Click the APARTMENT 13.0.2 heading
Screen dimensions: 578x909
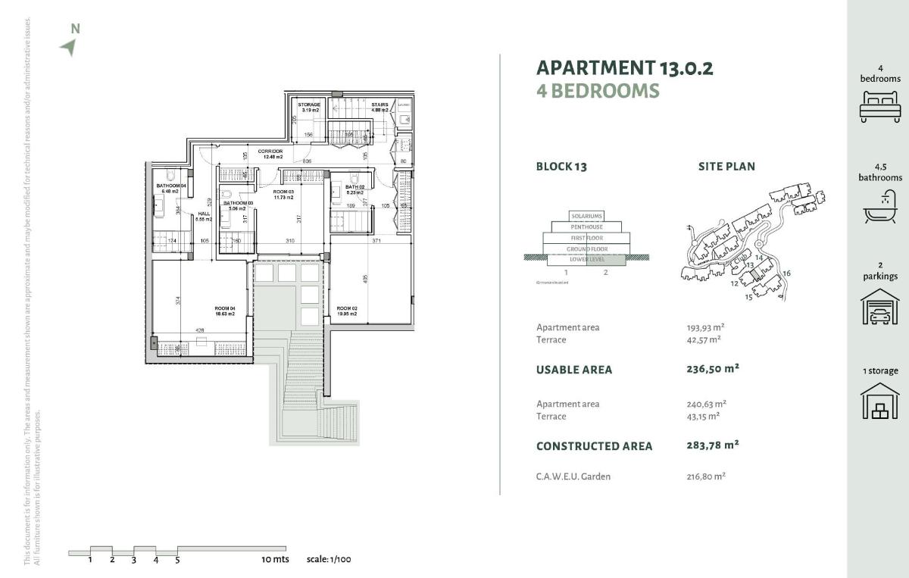click(624, 68)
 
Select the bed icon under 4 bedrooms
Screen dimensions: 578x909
click(880, 106)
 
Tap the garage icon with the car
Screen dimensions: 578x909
click(880, 307)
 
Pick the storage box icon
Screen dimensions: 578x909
click(880, 401)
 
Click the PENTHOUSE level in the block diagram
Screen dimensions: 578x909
click(587, 227)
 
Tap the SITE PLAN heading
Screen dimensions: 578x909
click(726, 167)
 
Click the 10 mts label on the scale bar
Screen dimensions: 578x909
click(276, 560)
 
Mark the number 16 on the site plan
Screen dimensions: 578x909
click(786, 273)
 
